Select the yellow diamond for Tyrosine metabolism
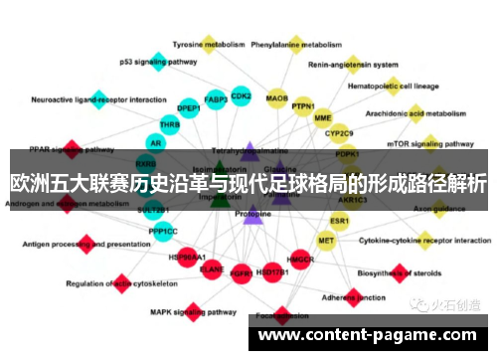[x=210, y=43]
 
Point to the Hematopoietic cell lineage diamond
[x=393, y=86]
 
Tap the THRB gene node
[x=170, y=125]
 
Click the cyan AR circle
[x=157, y=143]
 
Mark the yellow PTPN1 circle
[x=303, y=106]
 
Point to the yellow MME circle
[x=322, y=118]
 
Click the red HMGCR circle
[x=300, y=260]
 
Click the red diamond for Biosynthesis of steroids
[x=399, y=270]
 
